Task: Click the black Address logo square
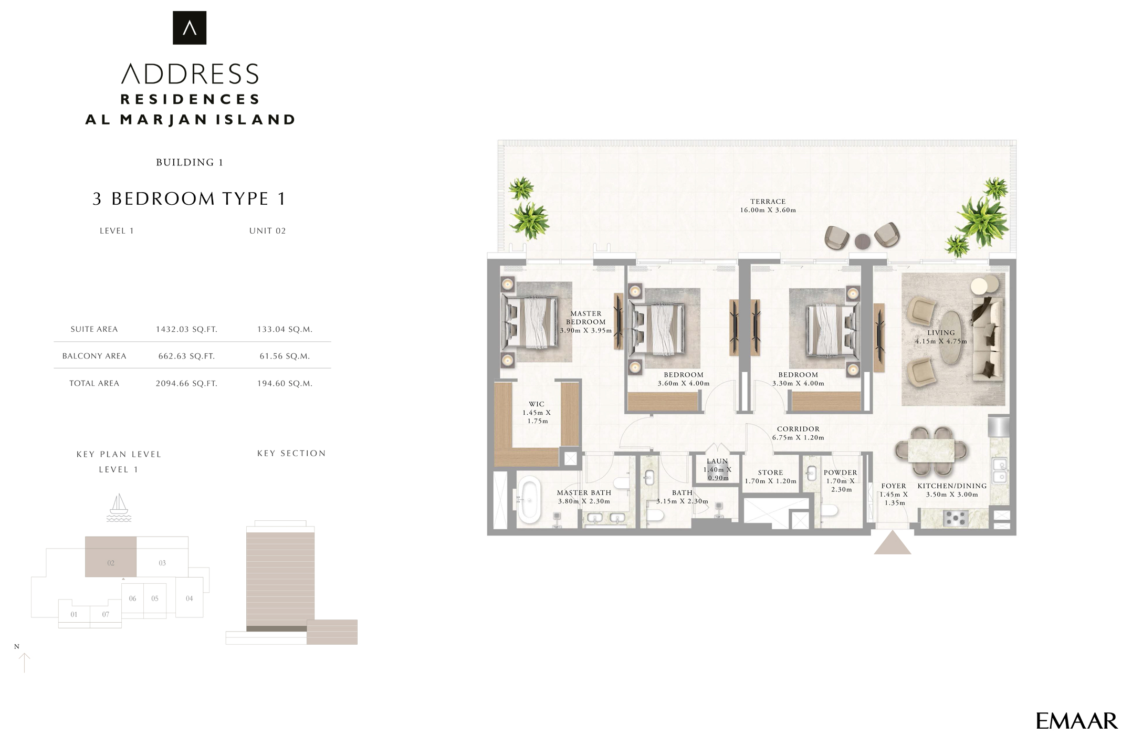click(190, 28)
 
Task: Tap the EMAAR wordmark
click(1076, 721)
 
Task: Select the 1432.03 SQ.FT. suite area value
click(186, 329)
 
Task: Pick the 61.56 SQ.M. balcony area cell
click(285, 356)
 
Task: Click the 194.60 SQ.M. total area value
click(285, 383)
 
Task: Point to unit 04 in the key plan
click(189, 598)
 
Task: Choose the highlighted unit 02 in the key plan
click(111, 557)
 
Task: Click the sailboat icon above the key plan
click(119, 507)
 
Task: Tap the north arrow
click(24, 663)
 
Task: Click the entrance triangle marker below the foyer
click(892, 544)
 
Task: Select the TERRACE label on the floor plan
click(768, 202)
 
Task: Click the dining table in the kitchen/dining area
click(931, 451)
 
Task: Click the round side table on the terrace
click(862, 241)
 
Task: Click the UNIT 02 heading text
click(267, 230)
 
